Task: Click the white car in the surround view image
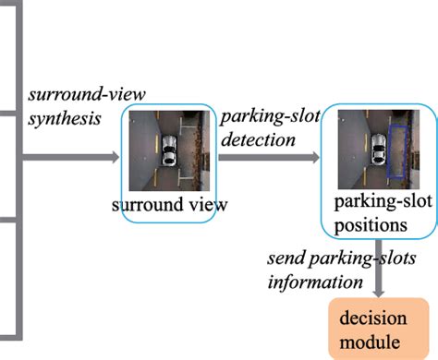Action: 169,152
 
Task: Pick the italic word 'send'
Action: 281,255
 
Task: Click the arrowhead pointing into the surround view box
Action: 116,158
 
